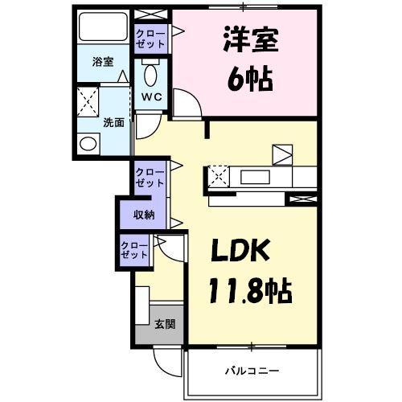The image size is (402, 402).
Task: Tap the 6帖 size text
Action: [x=246, y=80]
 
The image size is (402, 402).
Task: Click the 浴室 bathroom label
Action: [x=101, y=60]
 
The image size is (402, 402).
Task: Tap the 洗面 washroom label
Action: [x=113, y=123]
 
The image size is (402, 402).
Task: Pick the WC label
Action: [x=151, y=96]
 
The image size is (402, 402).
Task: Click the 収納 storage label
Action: [x=144, y=215]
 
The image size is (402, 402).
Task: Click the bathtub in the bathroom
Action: [x=104, y=31]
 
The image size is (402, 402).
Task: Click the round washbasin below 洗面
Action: [x=88, y=144]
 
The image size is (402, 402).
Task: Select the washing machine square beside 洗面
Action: [x=88, y=103]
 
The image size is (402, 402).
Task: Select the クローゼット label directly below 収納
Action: [x=134, y=249]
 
